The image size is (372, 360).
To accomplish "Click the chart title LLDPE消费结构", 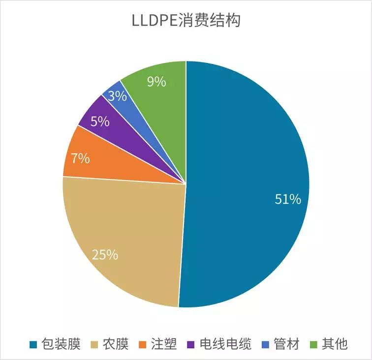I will pyautogui.click(x=186, y=22).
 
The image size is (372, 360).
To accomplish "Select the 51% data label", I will pyautogui.click(x=287, y=199).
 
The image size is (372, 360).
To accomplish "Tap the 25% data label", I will pyautogui.click(x=105, y=255).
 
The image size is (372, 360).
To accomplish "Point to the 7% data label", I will pyautogui.click(x=80, y=158).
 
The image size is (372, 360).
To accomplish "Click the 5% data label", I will pyautogui.click(x=100, y=121).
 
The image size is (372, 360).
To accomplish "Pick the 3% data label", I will pyautogui.click(x=118, y=96).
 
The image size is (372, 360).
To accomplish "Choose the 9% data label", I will pyautogui.click(x=156, y=82).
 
